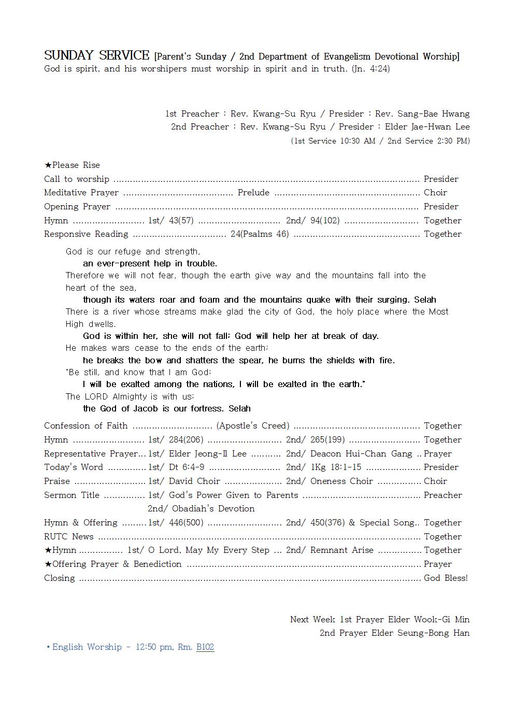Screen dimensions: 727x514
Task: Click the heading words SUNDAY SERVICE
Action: coord(96,55)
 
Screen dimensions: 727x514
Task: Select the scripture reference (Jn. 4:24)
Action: coord(370,68)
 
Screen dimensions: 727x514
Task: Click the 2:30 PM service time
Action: coord(453,140)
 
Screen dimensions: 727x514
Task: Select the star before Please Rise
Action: coord(48,165)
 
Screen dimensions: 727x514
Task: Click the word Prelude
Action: coord(253,192)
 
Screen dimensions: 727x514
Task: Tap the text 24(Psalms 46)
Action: coord(260,234)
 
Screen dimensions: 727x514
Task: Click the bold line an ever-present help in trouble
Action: coord(150,263)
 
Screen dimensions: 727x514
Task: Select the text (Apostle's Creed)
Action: coord(253,425)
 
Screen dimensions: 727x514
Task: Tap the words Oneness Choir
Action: coord(341,481)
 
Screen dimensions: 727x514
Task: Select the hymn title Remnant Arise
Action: coord(341,550)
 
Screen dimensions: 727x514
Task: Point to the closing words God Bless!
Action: coord(446,578)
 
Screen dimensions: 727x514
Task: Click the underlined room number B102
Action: coord(205,647)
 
